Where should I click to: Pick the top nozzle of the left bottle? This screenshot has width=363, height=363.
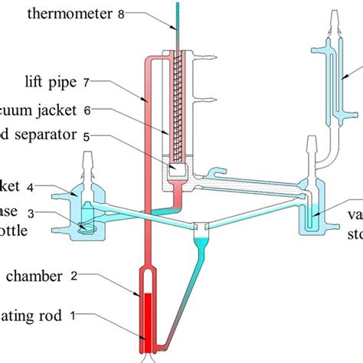click(87, 161)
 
